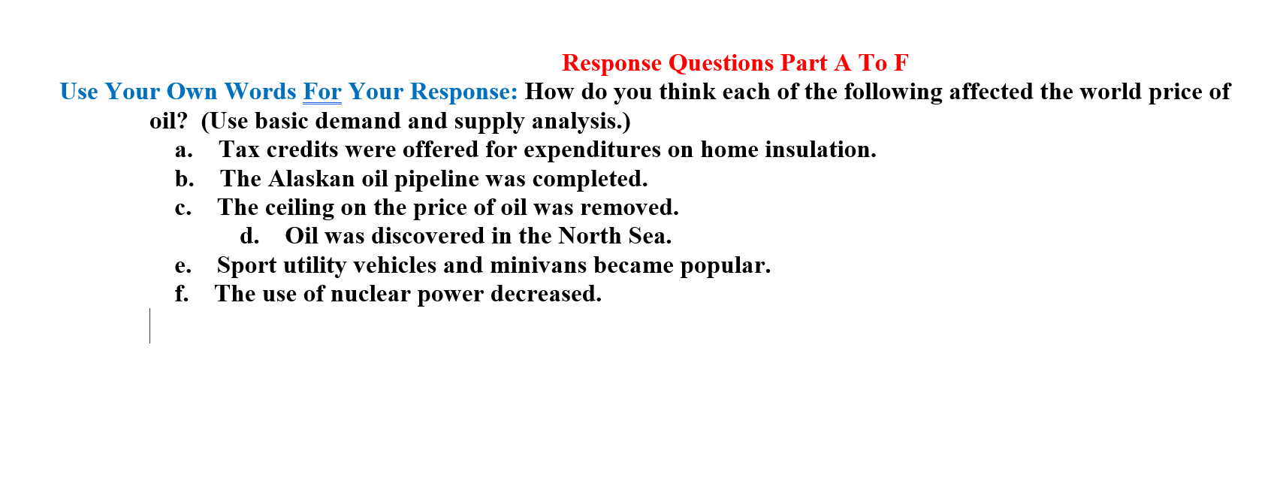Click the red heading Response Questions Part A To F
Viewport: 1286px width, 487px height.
click(735, 62)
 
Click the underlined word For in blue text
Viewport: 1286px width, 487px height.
click(321, 92)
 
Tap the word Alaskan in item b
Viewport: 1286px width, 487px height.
click(311, 179)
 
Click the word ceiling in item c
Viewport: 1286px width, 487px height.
click(300, 207)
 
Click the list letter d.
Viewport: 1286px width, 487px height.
click(249, 236)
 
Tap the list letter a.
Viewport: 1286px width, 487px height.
click(183, 150)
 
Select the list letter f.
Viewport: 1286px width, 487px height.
click(181, 294)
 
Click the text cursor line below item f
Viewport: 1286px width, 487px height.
click(150, 325)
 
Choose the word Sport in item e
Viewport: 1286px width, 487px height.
click(246, 265)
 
